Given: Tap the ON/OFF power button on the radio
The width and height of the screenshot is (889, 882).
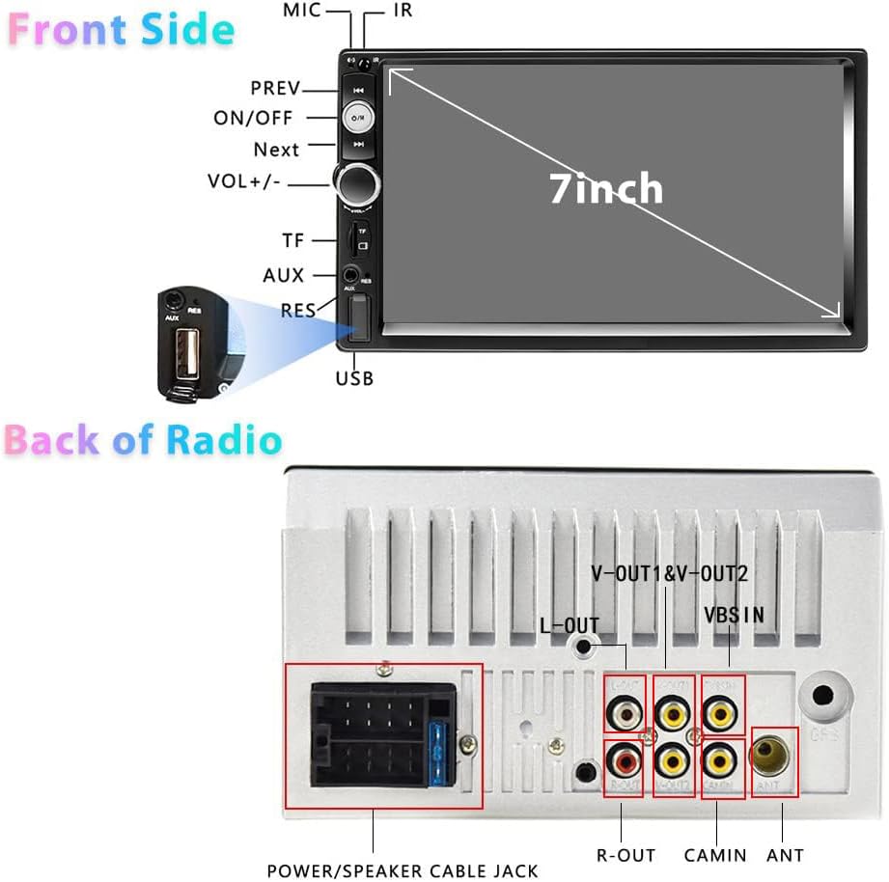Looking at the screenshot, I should [x=358, y=118].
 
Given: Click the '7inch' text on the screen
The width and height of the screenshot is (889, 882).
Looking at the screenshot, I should [x=606, y=187].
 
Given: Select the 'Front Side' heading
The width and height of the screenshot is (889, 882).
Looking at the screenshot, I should [x=121, y=31].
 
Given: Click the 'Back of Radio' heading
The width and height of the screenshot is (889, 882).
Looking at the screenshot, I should [x=143, y=440].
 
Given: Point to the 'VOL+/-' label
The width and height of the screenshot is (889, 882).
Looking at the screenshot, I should [x=244, y=181].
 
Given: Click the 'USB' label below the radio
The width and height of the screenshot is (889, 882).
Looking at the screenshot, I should [x=354, y=379].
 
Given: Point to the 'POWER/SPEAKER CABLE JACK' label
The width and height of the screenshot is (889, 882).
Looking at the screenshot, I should [x=403, y=870].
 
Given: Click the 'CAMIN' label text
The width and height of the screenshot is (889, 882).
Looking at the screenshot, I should [x=715, y=855].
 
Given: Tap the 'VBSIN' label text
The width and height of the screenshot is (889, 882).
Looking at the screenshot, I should [x=734, y=615].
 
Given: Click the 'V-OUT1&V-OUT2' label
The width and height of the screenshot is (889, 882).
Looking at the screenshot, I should [x=669, y=574].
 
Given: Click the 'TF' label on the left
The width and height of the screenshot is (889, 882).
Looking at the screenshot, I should [x=292, y=240].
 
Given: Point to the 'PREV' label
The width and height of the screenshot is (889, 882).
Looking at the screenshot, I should [x=276, y=89].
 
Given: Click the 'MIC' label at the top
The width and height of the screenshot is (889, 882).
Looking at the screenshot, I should [x=302, y=11].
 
